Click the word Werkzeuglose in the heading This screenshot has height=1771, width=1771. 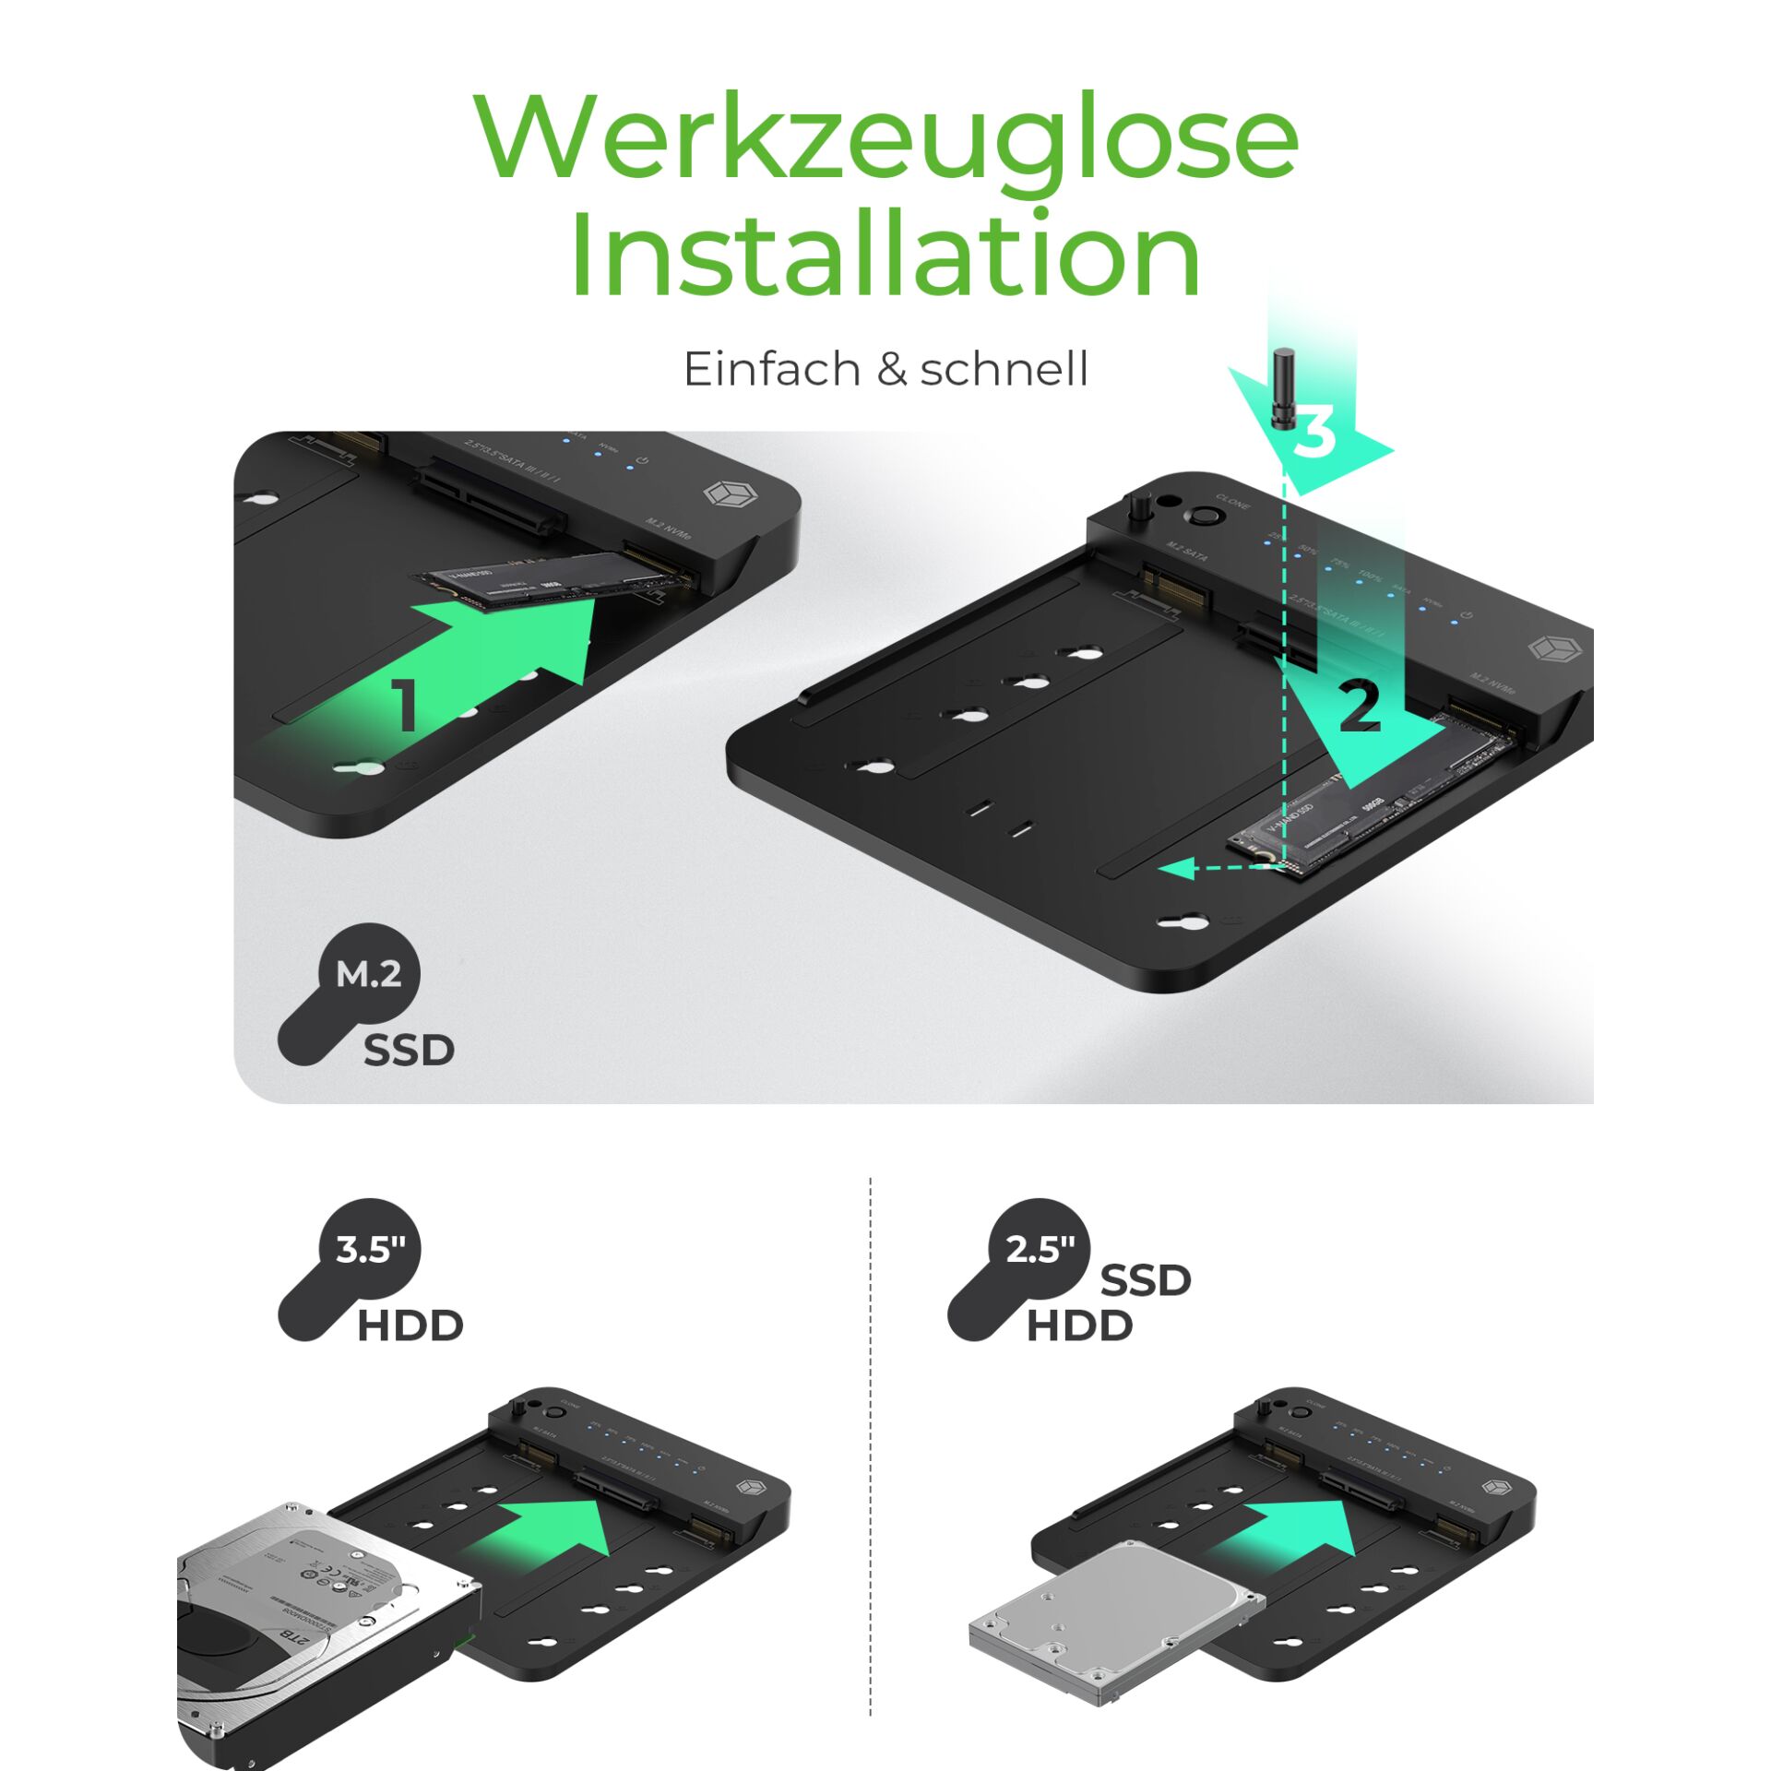tap(885, 138)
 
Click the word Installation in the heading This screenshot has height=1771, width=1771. tap(885, 254)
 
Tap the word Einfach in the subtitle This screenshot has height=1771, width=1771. tap(772, 369)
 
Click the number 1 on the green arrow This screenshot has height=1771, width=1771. tap(406, 706)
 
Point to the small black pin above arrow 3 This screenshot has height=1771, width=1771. tap(1283, 387)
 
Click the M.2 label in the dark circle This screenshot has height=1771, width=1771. tap(369, 974)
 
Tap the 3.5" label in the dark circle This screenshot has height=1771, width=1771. tap(370, 1250)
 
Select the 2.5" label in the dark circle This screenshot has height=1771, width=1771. tap(1040, 1250)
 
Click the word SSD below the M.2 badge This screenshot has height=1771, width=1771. tap(409, 1051)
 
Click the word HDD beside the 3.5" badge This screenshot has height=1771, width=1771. tap(410, 1326)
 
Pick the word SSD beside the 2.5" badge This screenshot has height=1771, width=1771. tap(1146, 1280)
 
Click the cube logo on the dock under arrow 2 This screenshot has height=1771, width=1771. tap(1554, 648)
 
